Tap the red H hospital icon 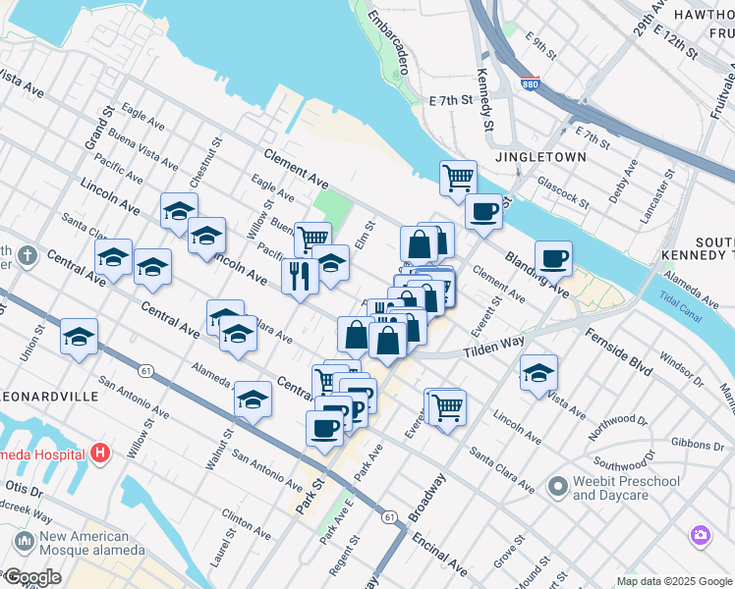(x=99, y=454)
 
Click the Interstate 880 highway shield (x=530, y=86)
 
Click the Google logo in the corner (x=32, y=577)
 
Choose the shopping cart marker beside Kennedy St (x=458, y=178)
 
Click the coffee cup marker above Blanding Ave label (x=554, y=257)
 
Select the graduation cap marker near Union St (x=79, y=336)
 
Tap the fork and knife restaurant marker (x=300, y=276)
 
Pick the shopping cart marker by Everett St (x=446, y=404)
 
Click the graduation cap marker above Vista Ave (x=537, y=372)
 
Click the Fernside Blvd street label (x=618, y=350)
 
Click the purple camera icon (x=701, y=536)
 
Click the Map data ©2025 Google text (x=673, y=581)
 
